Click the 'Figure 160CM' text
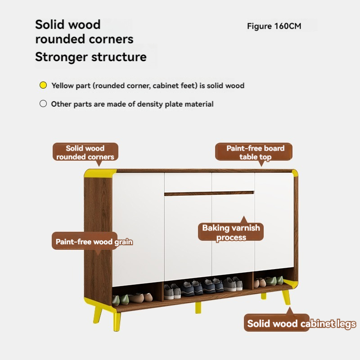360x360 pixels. coord(274,26)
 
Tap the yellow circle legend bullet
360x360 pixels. coord(43,85)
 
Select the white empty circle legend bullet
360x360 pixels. coord(43,104)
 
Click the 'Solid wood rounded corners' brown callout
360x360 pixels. coord(85,153)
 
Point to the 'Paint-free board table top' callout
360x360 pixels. coord(255,153)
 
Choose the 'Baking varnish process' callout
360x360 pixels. coord(231,233)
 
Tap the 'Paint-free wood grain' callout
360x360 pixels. coord(94,242)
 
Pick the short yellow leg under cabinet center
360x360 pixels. coord(198,308)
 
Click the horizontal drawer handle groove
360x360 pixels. coord(209,193)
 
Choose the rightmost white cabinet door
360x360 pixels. coord(274,223)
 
